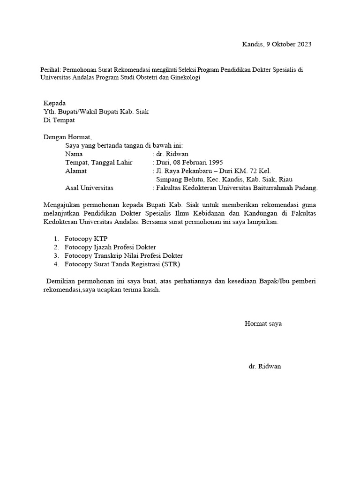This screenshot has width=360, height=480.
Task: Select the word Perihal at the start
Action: pos(51,70)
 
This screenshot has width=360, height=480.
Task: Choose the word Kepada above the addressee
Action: pos(55,103)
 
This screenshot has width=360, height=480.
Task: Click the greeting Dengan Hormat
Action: pos(68,137)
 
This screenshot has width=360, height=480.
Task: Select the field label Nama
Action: pos(74,154)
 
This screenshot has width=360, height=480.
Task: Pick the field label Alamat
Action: pos(76,171)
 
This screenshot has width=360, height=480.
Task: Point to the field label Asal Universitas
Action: pos(89,188)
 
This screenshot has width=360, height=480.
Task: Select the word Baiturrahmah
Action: pos(277,188)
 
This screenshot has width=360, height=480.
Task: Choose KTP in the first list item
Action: pos(101,239)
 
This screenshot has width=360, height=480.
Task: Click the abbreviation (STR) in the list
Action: pos(171,264)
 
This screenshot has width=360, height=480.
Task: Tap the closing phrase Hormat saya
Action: pos(263,324)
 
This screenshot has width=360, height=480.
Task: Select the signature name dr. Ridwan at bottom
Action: pos(265,367)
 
